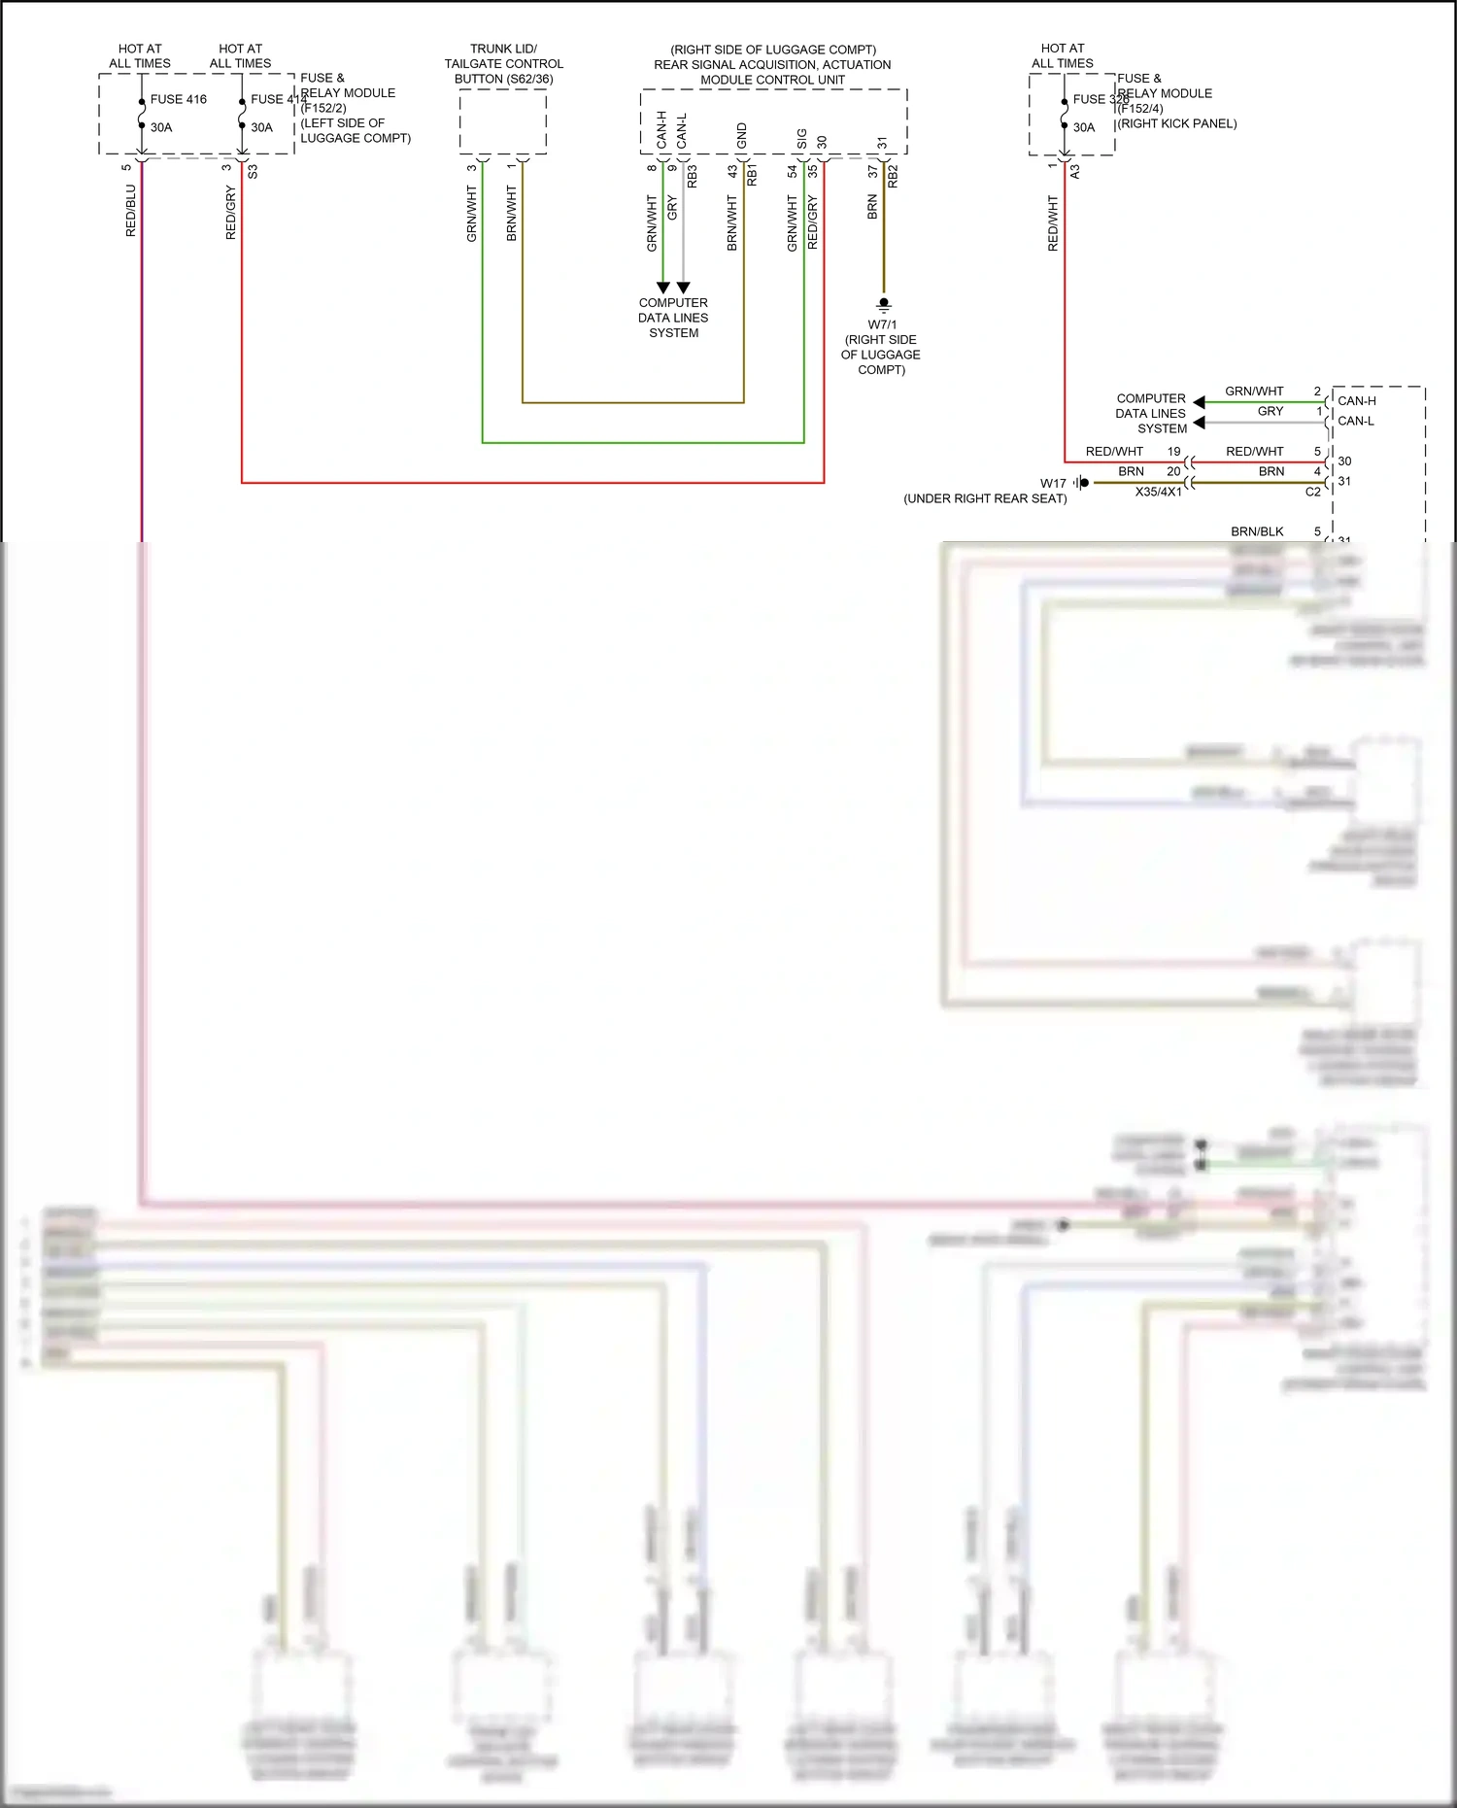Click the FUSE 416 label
point(178,99)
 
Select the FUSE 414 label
point(278,99)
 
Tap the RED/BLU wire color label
point(131,211)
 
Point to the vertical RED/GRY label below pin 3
point(231,213)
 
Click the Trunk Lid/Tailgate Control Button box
point(503,121)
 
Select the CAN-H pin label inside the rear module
point(662,129)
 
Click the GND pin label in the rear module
point(742,135)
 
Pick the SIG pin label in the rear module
point(802,139)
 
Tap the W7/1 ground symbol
point(883,304)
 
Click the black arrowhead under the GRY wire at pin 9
point(684,288)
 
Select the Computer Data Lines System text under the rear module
point(673,318)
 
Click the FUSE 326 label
point(1101,99)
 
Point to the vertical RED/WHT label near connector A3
point(1053,223)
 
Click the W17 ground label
point(1053,483)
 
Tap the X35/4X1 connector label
point(1158,492)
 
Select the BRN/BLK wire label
point(1257,531)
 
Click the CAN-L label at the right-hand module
point(1355,421)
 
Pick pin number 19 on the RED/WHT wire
point(1173,452)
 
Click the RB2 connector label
point(893,176)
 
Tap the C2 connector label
point(1312,492)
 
